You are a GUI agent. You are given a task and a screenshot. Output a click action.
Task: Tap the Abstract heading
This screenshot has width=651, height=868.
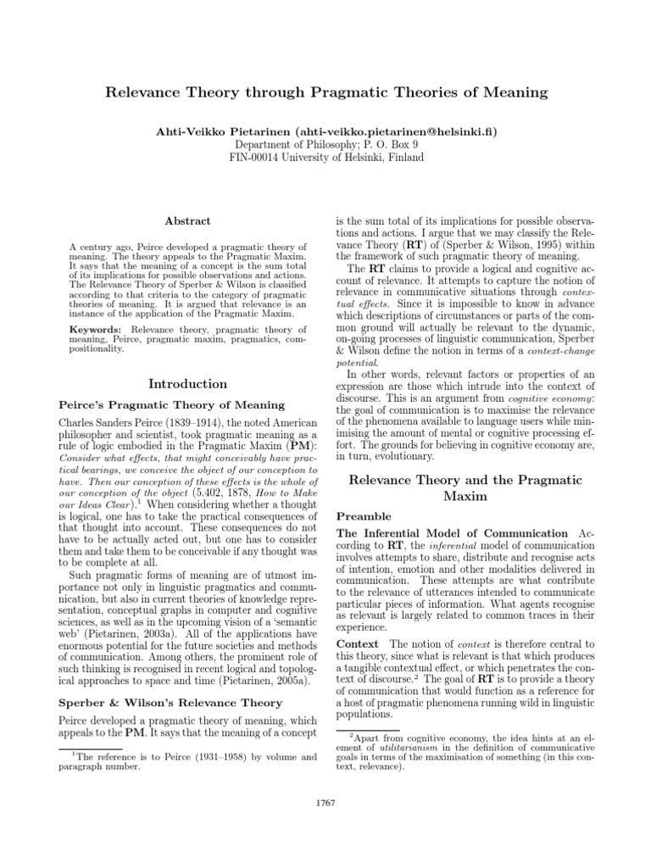[188, 220]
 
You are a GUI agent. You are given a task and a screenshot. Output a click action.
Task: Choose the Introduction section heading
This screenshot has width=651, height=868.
[188, 384]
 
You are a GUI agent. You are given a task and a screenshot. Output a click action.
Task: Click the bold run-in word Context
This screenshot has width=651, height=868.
[358, 644]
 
